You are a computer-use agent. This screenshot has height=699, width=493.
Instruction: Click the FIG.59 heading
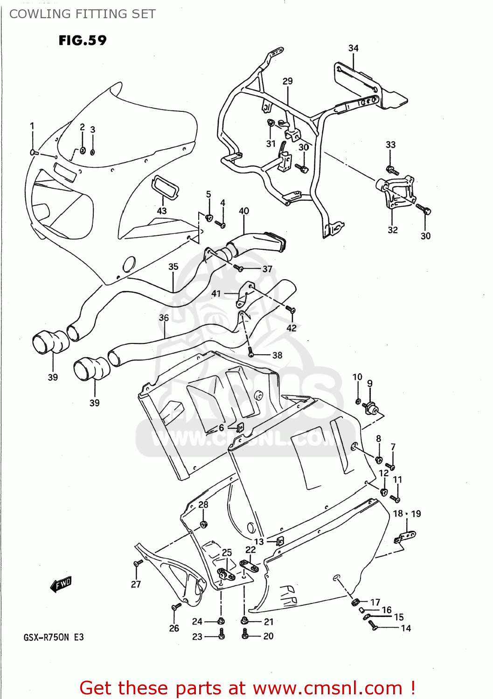tap(83, 41)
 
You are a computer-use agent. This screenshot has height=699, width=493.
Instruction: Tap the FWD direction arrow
tap(61, 584)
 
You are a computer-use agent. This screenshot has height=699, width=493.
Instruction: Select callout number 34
tap(353, 48)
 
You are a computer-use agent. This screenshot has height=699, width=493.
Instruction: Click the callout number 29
tap(287, 81)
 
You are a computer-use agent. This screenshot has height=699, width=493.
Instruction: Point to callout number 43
tap(161, 211)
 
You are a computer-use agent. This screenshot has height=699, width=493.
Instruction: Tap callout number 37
tap(267, 269)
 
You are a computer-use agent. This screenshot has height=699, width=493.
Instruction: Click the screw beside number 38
tap(251, 354)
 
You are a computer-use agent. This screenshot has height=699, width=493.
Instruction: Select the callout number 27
tap(136, 584)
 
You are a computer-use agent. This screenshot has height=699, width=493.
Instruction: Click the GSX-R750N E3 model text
tap(54, 637)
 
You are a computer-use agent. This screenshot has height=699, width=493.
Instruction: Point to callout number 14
tap(406, 628)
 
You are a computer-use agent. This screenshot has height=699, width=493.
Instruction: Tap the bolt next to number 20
tap(245, 634)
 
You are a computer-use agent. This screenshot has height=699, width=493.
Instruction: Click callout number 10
tap(357, 377)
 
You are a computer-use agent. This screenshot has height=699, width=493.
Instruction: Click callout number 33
tap(390, 145)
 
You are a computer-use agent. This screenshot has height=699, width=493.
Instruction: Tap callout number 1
tap(32, 126)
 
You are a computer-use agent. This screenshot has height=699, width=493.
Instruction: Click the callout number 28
tap(203, 504)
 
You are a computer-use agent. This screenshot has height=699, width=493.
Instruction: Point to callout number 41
tap(216, 294)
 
